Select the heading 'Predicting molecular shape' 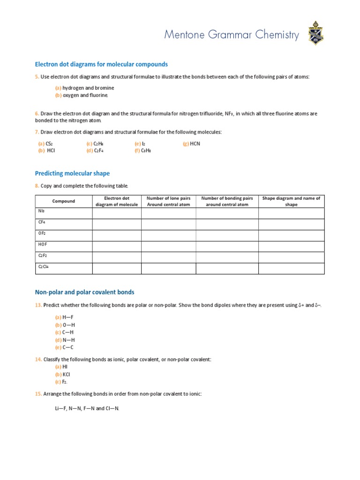point(72,173)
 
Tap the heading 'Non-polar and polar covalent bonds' point(84,292)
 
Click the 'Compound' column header point(63,201)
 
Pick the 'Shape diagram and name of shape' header point(291,201)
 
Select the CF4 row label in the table point(42,222)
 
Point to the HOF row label point(43,244)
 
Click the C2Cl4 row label point(43,267)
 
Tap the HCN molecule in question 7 point(195,144)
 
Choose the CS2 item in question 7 point(49,144)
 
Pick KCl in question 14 point(66,375)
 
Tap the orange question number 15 point(38,394)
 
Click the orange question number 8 point(37,186)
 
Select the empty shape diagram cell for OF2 point(291,235)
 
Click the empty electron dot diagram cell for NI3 point(116,213)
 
